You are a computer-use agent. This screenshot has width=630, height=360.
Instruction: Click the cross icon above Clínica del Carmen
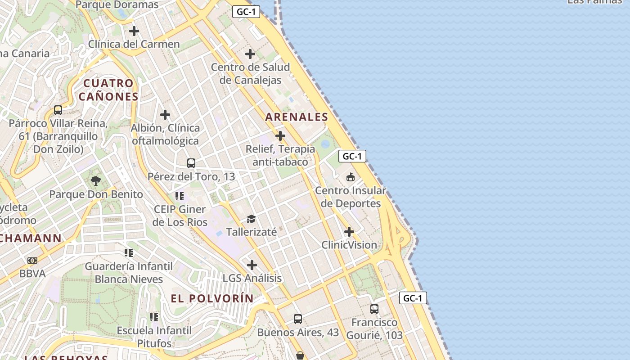click(x=134, y=31)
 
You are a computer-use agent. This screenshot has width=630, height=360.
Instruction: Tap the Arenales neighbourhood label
click(x=297, y=117)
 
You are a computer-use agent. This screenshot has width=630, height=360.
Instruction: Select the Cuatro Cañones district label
click(x=108, y=90)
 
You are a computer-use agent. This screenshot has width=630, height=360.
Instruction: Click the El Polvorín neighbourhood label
click(x=212, y=298)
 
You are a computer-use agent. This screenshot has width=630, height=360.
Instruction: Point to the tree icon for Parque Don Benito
click(x=95, y=181)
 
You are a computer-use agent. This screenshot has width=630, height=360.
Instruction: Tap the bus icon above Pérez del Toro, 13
click(x=191, y=163)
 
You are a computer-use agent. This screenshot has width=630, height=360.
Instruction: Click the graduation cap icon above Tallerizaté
click(x=251, y=219)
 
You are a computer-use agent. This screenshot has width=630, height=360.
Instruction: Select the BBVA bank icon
click(x=32, y=260)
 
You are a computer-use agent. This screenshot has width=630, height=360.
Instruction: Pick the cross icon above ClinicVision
click(x=349, y=232)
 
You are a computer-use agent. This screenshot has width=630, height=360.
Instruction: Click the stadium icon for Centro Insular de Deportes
click(x=351, y=177)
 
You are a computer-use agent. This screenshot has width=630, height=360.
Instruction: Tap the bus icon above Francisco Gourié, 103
click(x=374, y=309)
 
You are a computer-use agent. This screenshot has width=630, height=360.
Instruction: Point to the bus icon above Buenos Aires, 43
click(x=298, y=319)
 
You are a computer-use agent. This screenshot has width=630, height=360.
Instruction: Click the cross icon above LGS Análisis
click(x=252, y=265)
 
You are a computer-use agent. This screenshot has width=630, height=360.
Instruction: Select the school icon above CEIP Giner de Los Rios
click(x=180, y=196)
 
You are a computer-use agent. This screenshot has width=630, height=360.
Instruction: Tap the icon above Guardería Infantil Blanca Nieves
click(x=129, y=253)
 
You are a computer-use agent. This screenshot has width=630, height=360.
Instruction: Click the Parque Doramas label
click(x=117, y=5)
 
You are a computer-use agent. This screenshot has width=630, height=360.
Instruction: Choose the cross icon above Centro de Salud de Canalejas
click(x=250, y=54)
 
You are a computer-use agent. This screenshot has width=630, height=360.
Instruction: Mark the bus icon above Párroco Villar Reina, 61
click(x=58, y=110)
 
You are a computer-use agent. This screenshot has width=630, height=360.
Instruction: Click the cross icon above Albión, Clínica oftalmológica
click(x=165, y=115)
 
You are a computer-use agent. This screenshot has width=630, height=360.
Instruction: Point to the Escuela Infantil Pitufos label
click(x=154, y=337)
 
